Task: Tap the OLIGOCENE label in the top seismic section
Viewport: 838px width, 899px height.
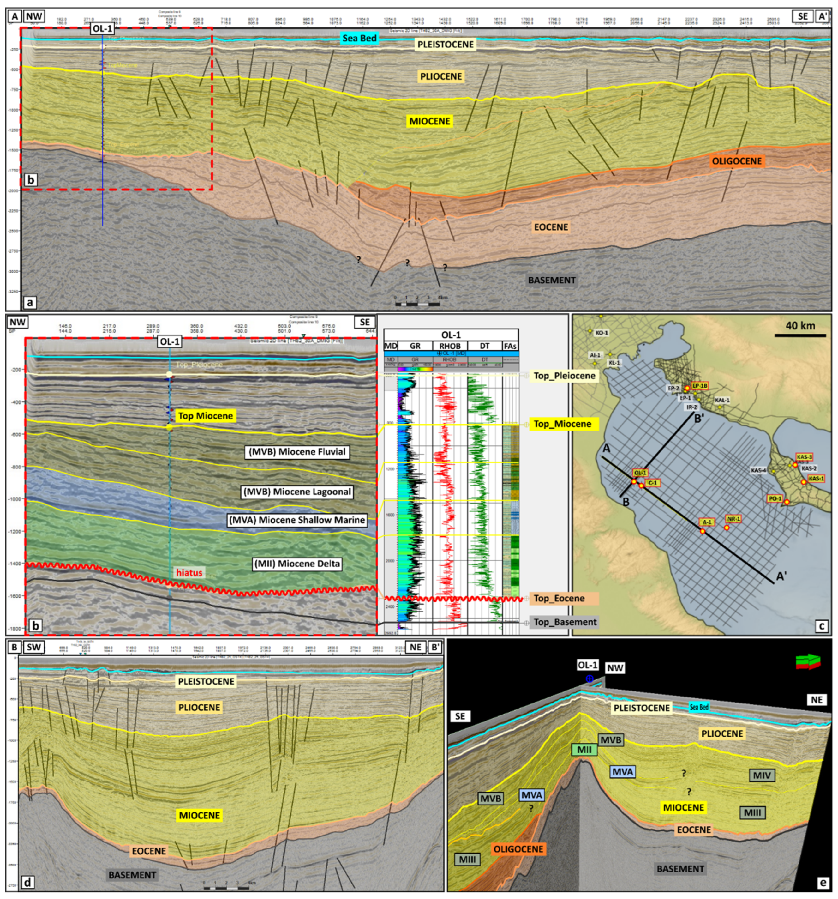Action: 737,161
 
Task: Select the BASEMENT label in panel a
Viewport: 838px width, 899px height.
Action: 552,281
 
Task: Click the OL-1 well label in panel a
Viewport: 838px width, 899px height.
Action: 103,30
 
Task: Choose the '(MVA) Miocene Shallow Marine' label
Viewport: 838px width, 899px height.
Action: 297,520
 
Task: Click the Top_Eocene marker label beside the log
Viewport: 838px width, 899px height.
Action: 559,598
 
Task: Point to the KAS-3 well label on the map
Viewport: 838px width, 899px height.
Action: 804,457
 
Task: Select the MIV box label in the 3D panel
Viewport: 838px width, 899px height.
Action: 762,775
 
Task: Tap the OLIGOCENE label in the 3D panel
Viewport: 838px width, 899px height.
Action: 518,849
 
